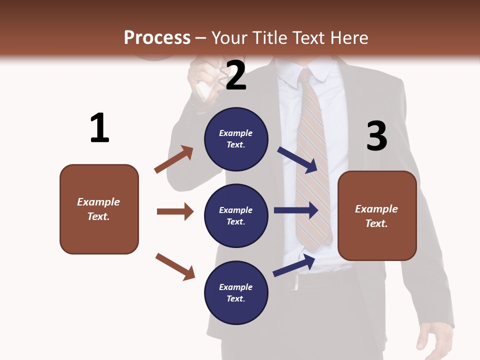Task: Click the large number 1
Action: coord(99,128)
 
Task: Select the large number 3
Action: coord(376,136)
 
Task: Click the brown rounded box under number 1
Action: coord(99,209)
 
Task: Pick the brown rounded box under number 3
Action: coord(377,216)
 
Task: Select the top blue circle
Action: coord(236,139)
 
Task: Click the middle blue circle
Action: coord(236,215)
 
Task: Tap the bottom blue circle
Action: coord(236,292)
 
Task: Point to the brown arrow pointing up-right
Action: coord(174,159)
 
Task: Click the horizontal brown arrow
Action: coord(175,211)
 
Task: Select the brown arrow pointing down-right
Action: coord(175,266)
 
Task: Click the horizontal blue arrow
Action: coord(296,210)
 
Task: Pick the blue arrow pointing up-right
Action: coord(294,265)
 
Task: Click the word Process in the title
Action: coord(157,38)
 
